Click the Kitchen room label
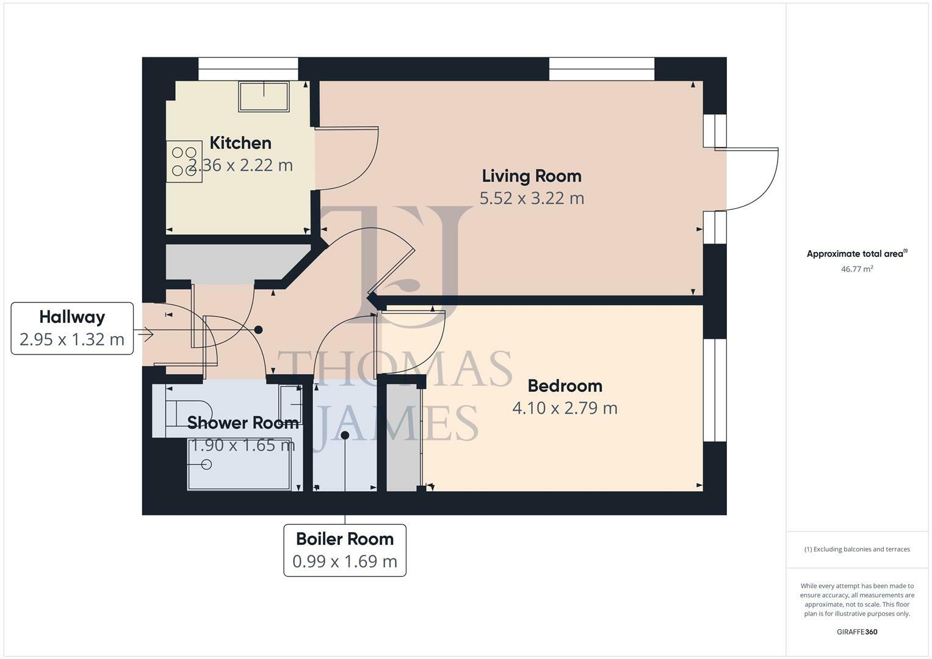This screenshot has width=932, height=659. [240, 143]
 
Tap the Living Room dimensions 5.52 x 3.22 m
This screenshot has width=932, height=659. [531, 198]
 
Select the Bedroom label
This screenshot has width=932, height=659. [565, 386]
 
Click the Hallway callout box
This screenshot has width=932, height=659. [72, 328]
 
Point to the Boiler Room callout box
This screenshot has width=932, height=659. [345, 550]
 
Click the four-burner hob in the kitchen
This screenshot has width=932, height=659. [184, 162]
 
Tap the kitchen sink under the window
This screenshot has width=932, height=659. [264, 96]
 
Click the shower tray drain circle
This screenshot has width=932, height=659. [206, 464]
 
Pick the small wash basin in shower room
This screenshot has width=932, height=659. [291, 405]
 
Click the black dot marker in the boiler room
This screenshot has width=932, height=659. [345, 435]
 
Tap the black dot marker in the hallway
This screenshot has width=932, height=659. [258, 329]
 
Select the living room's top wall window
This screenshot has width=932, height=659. [601, 69]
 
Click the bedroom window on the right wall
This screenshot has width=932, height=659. [715, 389]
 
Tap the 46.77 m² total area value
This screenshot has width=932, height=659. [856, 268]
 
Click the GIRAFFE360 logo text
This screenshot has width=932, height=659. [856, 632]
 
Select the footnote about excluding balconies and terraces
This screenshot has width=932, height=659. [856, 549]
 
